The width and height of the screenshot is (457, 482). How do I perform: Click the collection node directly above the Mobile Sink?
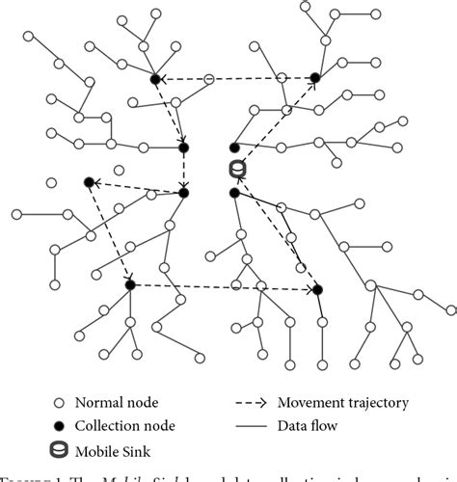click(234, 147)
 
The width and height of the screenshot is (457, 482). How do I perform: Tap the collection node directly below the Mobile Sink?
click(234, 194)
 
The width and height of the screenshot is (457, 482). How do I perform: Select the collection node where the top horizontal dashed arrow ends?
click(154, 78)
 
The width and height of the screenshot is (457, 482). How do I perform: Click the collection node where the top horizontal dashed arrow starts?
click(314, 78)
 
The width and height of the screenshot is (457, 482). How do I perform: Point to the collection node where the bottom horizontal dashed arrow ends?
click(317, 289)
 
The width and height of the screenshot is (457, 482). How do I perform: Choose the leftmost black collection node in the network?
click(89, 181)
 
